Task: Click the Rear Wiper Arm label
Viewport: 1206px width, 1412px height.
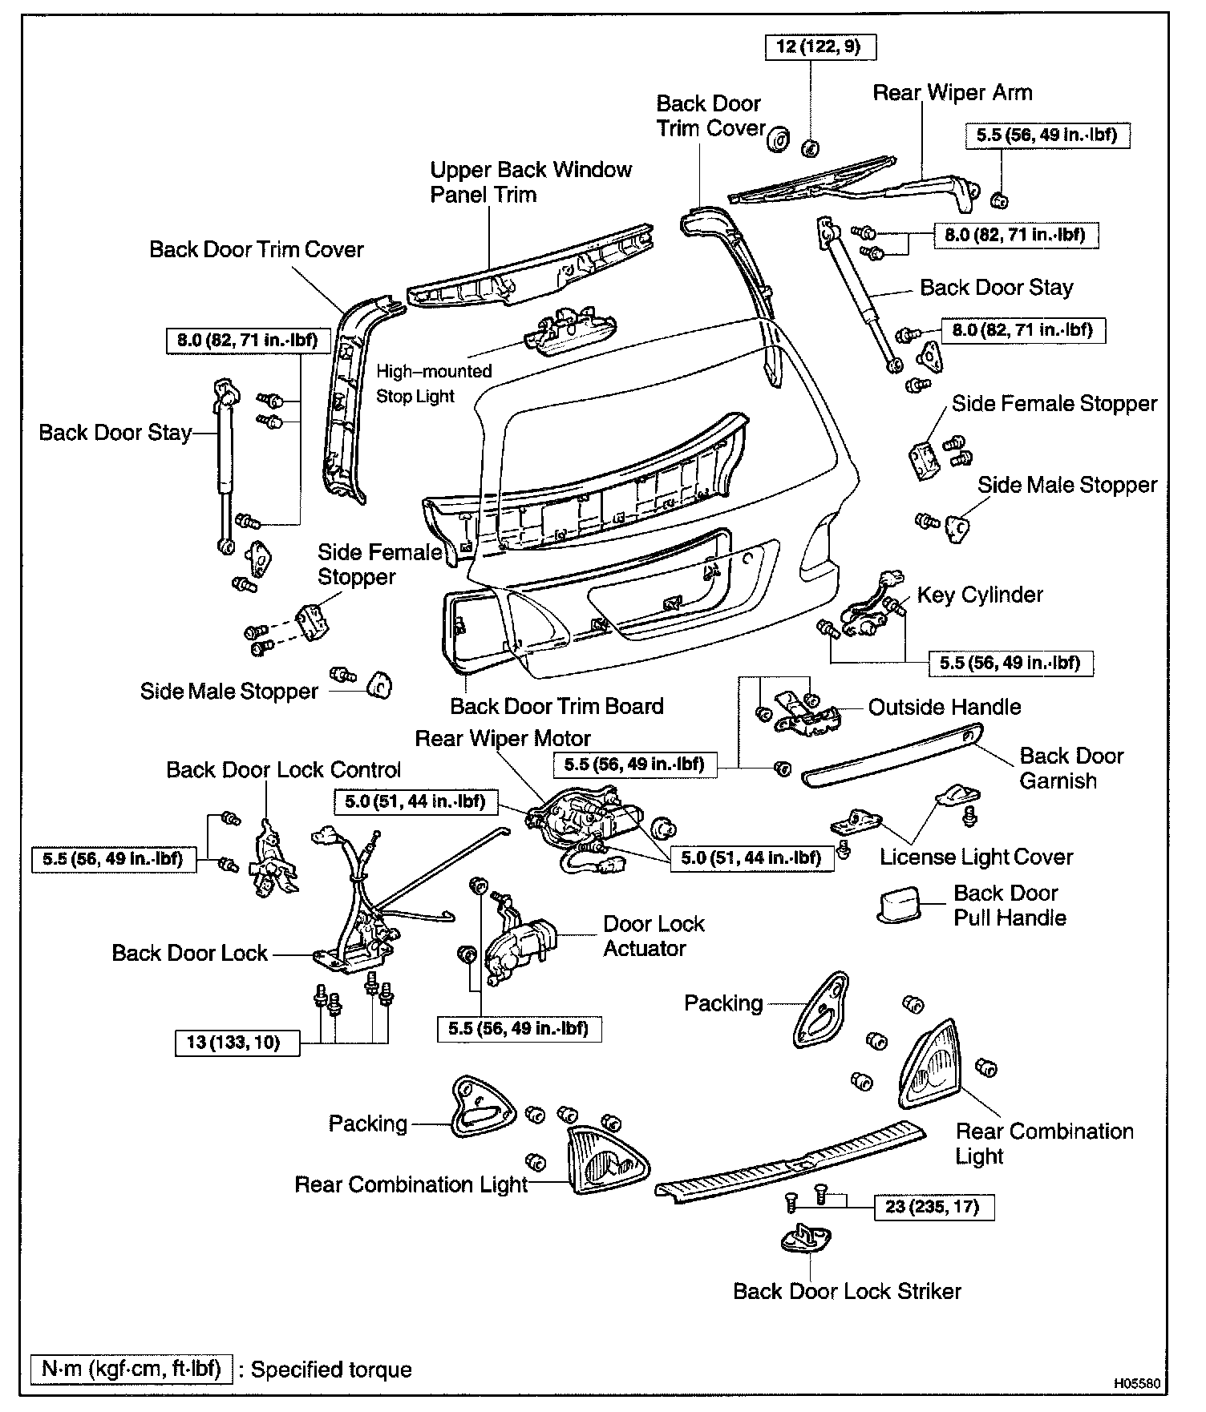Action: [952, 93]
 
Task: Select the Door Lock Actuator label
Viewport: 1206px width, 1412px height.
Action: [653, 936]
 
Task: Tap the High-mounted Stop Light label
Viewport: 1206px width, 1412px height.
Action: [434, 384]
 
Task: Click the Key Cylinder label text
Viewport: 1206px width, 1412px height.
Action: [980, 595]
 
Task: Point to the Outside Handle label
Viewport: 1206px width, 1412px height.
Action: [945, 707]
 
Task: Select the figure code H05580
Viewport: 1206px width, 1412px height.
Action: [1135, 1384]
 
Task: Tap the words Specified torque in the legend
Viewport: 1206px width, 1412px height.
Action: [331, 1370]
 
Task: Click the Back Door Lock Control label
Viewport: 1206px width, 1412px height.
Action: [283, 770]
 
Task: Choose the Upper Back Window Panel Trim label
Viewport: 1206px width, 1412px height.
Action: [530, 182]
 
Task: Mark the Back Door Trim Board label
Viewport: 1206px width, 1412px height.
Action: [556, 706]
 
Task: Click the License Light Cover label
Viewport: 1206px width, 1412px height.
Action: [976, 857]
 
